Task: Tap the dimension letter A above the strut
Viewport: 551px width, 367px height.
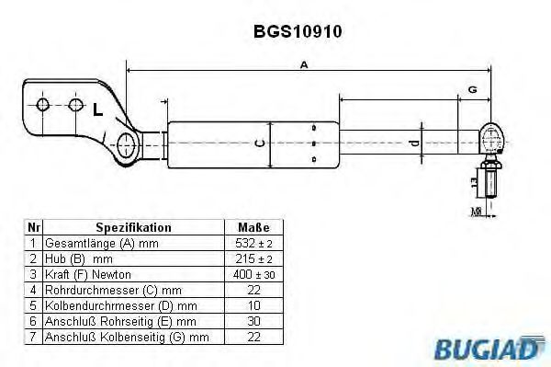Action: click(303, 64)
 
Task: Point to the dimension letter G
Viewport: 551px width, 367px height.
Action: click(471, 89)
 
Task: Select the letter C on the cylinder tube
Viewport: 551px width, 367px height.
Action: click(260, 143)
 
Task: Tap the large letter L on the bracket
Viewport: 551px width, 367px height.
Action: click(96, 110)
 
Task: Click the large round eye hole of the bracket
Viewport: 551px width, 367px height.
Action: click(127, 143)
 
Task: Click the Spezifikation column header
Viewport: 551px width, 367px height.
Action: click(133, 226)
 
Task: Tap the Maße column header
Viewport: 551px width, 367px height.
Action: click(253, 226)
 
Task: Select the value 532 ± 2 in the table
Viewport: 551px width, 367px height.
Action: click(253, 243)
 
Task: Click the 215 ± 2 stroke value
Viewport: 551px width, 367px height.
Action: click(253, 258)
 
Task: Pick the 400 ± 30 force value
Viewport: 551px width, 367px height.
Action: click(253, 275)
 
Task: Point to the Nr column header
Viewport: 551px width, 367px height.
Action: click(33, 226)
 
